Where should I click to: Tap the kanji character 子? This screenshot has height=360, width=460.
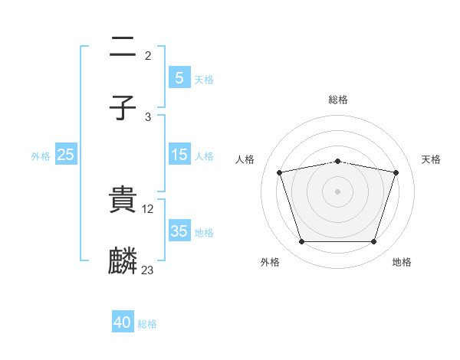pos(123,107)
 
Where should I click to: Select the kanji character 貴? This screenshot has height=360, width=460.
pos(123,200)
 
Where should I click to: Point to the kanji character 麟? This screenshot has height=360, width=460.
pos(123,260)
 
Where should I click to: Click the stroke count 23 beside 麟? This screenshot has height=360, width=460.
pos(148,270)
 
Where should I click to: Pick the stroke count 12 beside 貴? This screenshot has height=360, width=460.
pos(149,208)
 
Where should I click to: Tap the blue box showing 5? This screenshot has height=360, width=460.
pos(179,77)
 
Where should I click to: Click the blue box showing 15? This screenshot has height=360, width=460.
pos(179,155)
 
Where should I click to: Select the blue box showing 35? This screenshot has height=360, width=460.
pos(179,231)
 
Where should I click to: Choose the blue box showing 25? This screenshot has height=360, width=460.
pos(66,155)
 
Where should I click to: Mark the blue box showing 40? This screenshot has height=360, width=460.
pos(123,322)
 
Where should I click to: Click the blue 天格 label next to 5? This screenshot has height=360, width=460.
pos(204,79)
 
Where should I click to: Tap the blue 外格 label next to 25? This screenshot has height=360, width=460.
pos(41,155)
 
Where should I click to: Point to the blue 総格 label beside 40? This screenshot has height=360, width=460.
pos(147,324)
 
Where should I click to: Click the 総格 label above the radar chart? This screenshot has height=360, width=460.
pos(338,100)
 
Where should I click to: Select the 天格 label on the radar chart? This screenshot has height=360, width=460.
pos(432,159)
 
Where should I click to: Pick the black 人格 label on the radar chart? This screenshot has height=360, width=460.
pos(245,159)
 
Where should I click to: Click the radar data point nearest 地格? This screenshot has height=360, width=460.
pos(374,242)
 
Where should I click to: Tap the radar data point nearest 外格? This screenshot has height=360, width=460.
pos(301,242)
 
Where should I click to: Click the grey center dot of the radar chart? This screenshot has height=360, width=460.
pos(338,191)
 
